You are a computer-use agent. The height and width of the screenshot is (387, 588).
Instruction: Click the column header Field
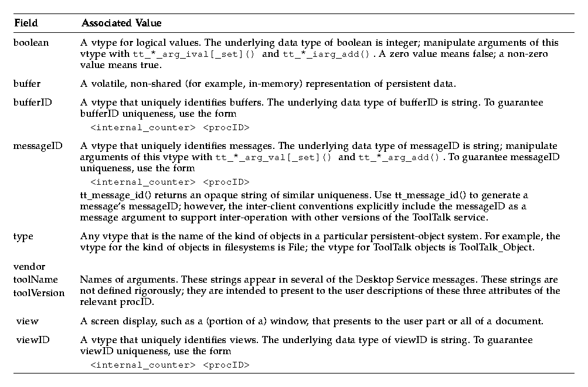coord(25,23)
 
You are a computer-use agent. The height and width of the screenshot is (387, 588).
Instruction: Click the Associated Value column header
coord(121,23)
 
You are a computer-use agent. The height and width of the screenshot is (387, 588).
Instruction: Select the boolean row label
coord(31,43)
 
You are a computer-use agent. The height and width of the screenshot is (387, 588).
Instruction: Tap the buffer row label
coord(27,83)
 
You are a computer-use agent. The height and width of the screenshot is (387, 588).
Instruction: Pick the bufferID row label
coord(32,103)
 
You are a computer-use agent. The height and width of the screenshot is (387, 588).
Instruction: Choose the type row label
coord(23,236)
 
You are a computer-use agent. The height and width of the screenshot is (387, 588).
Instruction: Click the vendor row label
coord(29,267)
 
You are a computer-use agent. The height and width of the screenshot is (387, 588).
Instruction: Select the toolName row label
coord(35,280)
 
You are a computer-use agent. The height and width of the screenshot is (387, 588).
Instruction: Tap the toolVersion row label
coord(39,293)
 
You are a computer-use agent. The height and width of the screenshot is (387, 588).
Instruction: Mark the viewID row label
coord(31,340)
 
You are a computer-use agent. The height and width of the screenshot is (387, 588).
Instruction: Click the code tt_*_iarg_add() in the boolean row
coord(326,55)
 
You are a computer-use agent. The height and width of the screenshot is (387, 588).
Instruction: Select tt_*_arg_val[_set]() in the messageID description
coord(274,157)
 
